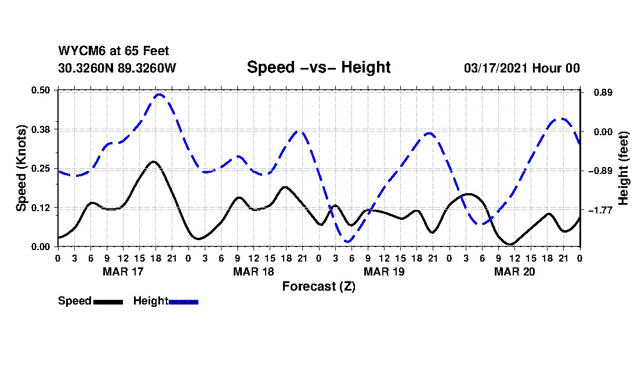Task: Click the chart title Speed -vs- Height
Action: pyautogui.click(x=318, y=67)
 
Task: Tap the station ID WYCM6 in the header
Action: pyautogui.click(x=79, y=51)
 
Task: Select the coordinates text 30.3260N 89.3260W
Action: pyautogui.click(x=117, y=68)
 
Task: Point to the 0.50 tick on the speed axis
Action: pyautogui.click(x=41, y=90)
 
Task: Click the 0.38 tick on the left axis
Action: pyautogui.click(x=41, y=129)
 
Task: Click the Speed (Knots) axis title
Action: pyautogui.click(x=21, y=168)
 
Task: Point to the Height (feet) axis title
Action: pyautogui.click(x=624, y=168)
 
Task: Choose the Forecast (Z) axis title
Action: pyautogui.click(x=318, y=286)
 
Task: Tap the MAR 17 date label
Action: pyautogui.click(x=123, y=271)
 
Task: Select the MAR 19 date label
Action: pyautogui.click(x=384, y=271)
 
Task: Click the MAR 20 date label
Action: pyautogui.click(x=514, y=271)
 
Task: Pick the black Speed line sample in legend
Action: pyautogui.click(x=108, y=302)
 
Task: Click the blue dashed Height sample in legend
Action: pyautogui.click(x=183, y=302)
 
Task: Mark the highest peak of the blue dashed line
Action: pyautogui.click(x=159, y=94)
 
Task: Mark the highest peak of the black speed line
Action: pyautogui.click(x=153, y=162)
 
